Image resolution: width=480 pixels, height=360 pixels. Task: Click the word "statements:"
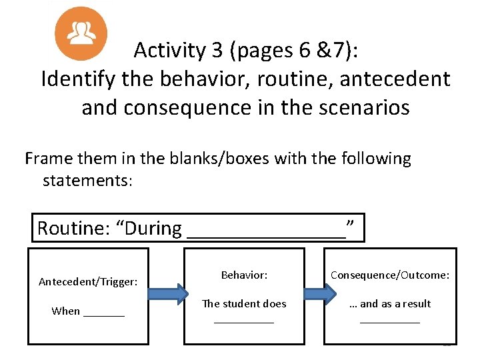[87, 181]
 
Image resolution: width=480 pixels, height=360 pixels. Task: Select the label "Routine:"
[75, 229]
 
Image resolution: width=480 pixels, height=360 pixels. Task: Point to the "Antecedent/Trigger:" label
[88, 282]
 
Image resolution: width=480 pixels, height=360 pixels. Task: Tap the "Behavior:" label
[244, 275]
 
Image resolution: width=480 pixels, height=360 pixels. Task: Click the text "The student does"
[244, 304]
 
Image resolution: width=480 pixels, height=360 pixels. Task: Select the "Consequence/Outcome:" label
[390, 275]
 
